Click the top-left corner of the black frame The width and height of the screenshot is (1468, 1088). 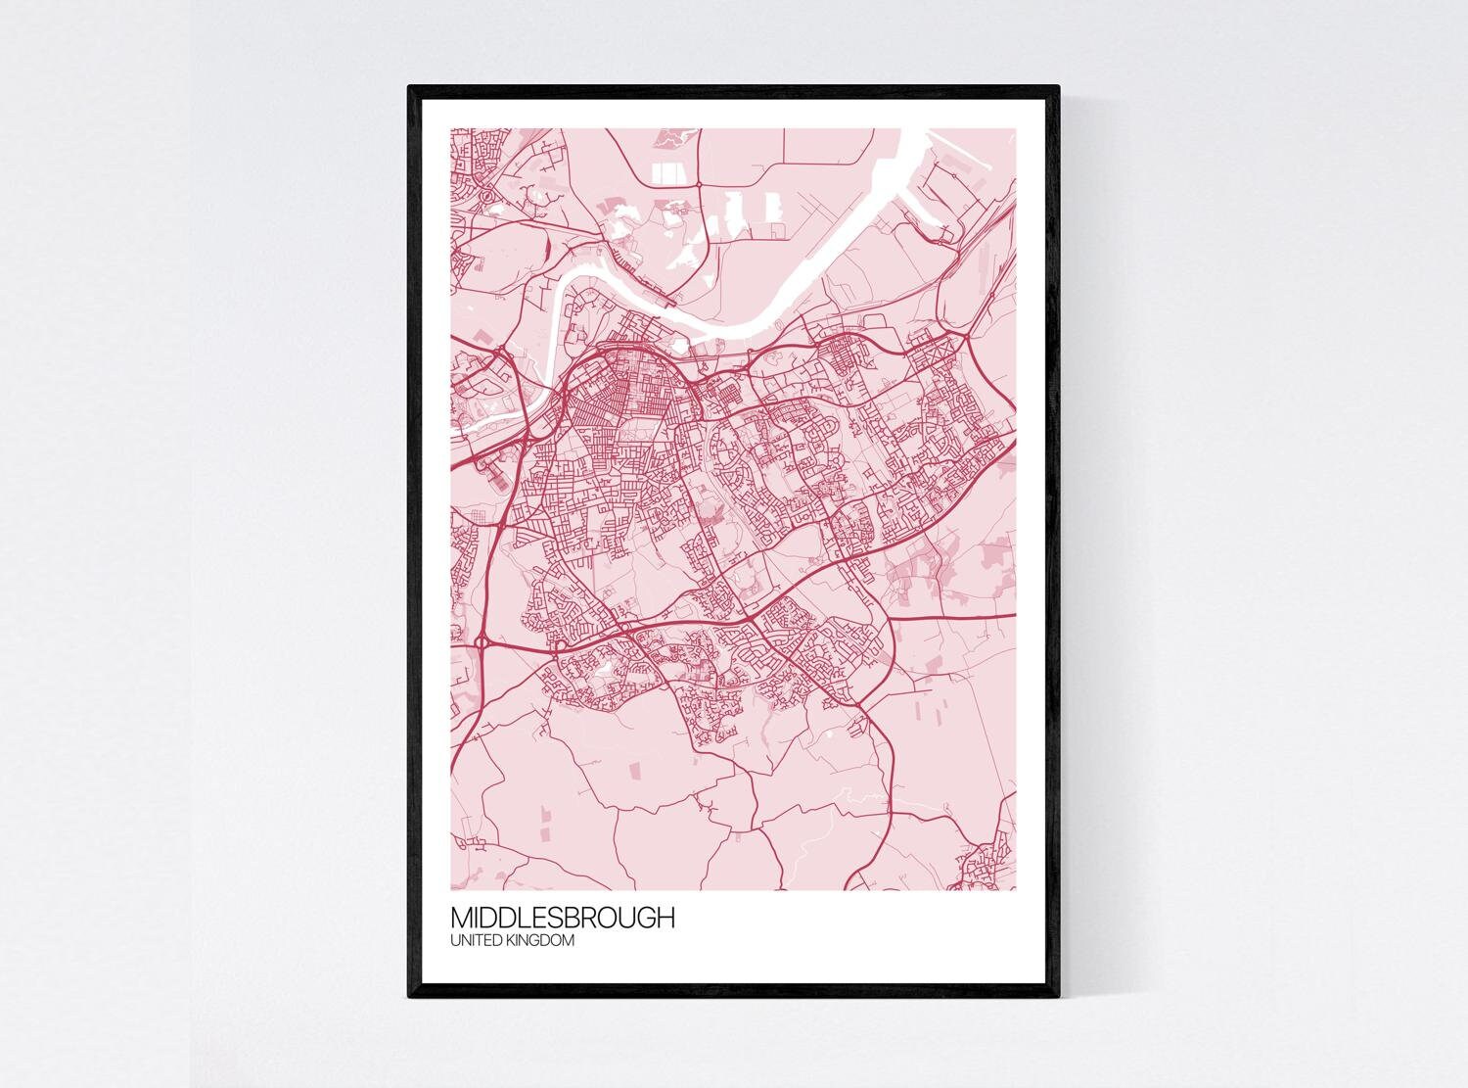[x=410, y=87]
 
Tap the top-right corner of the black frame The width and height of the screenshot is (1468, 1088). [x=1059, y=87]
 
